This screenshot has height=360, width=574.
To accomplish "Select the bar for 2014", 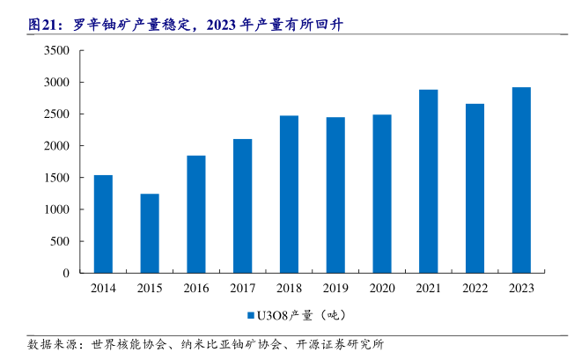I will click(103, 224).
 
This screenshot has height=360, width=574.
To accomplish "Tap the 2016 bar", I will click(195, 214).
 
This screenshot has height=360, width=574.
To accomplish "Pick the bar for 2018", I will click(289, 194).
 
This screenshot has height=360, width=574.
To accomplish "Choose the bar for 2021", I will click(428, 180).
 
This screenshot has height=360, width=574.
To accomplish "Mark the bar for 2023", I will click(520, 180).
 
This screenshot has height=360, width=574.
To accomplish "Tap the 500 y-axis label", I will click(61, 241).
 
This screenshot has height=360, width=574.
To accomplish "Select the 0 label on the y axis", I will click(66, 273).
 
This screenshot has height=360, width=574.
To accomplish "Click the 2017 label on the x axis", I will click(242, 288).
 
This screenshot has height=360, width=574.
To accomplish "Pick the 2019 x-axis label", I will click(335, 288).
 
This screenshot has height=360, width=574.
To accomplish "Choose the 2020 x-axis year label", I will click(381, 288).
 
